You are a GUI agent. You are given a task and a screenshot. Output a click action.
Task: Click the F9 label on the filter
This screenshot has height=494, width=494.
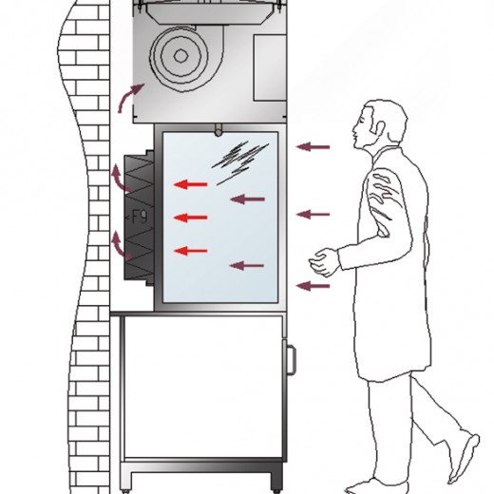140,218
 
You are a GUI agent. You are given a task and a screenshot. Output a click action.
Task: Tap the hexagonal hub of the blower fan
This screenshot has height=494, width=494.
180,56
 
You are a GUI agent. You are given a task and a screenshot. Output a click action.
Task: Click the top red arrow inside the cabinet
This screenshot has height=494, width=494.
190,184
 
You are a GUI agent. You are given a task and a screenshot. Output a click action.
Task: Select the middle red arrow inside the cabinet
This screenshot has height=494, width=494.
190,218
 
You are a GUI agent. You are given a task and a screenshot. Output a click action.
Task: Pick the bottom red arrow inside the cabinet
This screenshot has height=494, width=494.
190,251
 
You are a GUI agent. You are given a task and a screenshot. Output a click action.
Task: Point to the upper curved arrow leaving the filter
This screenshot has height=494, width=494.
119,180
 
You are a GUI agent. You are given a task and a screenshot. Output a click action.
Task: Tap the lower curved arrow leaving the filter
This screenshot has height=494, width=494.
119,244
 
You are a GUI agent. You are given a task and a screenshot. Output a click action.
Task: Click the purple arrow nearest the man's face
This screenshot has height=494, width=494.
313,147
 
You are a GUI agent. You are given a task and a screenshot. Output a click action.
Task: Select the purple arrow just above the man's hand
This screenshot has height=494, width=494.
313,215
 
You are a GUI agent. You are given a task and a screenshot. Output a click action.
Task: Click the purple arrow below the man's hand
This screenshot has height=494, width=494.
313,286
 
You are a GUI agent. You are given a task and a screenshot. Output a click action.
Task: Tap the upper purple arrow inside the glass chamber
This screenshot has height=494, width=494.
247,199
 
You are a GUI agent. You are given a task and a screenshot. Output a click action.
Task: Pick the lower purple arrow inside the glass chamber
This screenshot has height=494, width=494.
247,266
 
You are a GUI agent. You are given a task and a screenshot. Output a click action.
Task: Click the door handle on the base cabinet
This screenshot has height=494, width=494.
291,361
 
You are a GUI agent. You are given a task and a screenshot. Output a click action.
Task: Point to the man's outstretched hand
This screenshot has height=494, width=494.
324,261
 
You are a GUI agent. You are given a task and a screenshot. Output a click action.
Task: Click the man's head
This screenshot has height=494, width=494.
380,125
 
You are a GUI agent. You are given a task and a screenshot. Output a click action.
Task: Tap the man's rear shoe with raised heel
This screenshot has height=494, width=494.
465,458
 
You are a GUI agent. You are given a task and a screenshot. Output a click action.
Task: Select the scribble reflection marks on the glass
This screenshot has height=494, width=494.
240,162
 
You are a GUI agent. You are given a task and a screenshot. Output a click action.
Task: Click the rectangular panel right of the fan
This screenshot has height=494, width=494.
270,68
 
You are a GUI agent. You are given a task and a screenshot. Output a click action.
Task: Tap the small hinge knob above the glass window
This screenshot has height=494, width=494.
218,130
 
